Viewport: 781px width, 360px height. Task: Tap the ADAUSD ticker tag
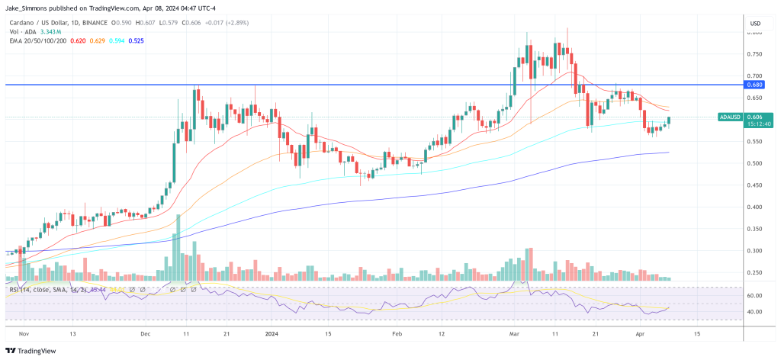click(729, 117)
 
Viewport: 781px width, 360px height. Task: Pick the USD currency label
click(756, 24)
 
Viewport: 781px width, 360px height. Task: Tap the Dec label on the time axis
click(146, 333)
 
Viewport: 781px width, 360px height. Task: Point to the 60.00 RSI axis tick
click(755, 295)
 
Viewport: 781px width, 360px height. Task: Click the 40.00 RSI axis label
click(755, 312)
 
